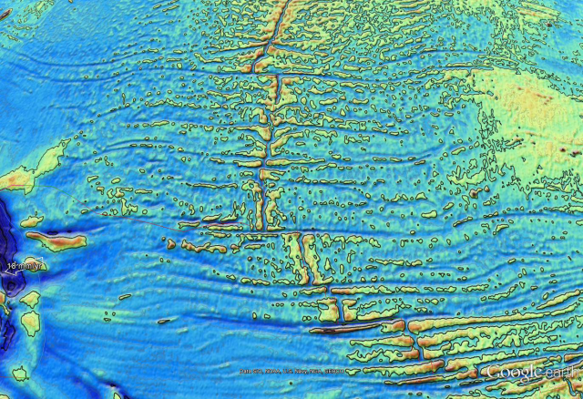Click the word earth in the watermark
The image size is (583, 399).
[x=555, y=373]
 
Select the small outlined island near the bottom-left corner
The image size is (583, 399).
[x=19, y=373]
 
